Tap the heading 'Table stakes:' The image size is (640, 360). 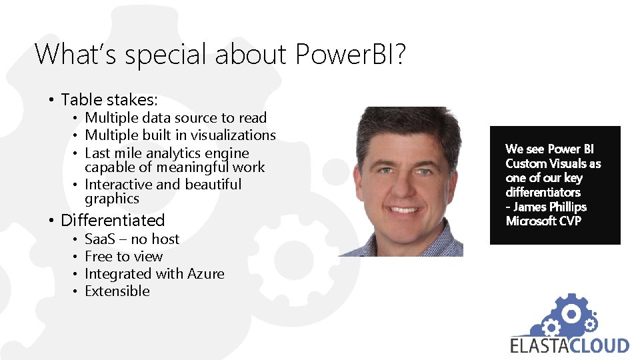click(x=109, y=100)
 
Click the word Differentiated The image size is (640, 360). click(x=113, y=220)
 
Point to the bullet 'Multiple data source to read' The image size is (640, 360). click(x=176, y=118)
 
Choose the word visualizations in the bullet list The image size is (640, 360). click(x=230, y=135)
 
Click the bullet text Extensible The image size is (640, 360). click(x=117, y=291)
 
